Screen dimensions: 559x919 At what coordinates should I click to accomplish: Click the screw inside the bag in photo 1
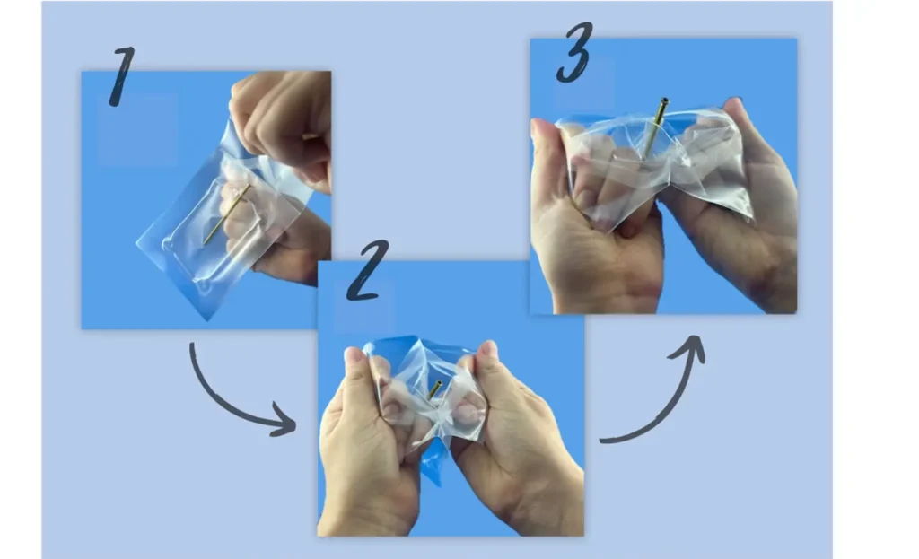point(226,214)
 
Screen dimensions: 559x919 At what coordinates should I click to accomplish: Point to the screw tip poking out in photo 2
point(434,389)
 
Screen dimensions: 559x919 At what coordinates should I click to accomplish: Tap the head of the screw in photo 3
point(663,102)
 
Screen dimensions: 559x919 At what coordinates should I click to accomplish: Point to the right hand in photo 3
point(745,215)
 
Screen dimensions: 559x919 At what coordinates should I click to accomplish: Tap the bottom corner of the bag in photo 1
point(209,314)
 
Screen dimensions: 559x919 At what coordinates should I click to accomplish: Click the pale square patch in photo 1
point(137,129)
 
